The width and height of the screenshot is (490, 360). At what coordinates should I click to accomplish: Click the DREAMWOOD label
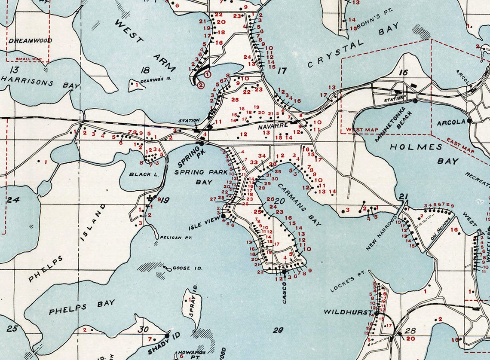click(x=30, y=40)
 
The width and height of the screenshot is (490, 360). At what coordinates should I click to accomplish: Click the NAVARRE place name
click(x=273, y=128)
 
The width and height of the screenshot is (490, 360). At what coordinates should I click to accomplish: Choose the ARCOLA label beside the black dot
click(x=451, y=122)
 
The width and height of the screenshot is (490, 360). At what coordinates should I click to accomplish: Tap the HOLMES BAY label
click(x=423, y=154)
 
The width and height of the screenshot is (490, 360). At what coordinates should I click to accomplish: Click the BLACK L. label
click(x=141, y=174)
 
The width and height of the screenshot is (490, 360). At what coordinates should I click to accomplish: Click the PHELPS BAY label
click(x=82, y=307)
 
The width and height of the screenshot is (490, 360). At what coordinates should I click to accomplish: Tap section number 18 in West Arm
click(x=145, y=70)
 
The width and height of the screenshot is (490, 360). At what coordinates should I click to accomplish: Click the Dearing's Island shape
click(x=136, y=86)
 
